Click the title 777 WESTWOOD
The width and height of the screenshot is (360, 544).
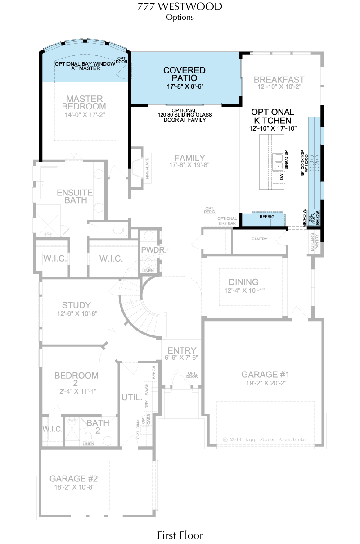click(180, 7)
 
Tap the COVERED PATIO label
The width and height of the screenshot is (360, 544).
click(184, 74)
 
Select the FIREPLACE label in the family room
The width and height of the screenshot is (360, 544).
click(147, 168)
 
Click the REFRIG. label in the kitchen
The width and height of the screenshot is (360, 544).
click(267, 217)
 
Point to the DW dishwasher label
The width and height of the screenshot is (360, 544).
click(281, 177)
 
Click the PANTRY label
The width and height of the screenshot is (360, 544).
click(260, 239)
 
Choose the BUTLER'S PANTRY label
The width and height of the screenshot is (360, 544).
click(315, 242)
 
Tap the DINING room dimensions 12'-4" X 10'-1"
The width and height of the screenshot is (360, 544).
click(244, 290)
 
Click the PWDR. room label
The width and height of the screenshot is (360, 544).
click(153, 250)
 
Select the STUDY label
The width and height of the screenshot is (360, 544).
click(76, 305)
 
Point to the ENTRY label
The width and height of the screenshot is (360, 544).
click(182, 350)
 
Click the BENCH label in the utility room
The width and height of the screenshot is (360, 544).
click(154, 372)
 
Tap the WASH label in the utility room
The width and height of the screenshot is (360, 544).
click(147, 389)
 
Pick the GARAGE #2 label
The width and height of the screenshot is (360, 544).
click(73, 479)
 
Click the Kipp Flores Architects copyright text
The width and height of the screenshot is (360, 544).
click(264, 440)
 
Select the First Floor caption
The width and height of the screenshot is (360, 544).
click(180, 535)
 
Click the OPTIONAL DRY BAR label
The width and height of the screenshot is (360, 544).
click(227, 221)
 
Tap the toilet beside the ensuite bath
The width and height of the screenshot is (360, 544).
click(121, 230)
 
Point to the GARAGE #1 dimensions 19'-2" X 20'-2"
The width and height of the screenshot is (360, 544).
click(266, 383)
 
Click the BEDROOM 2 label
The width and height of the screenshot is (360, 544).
click(76, 379)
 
